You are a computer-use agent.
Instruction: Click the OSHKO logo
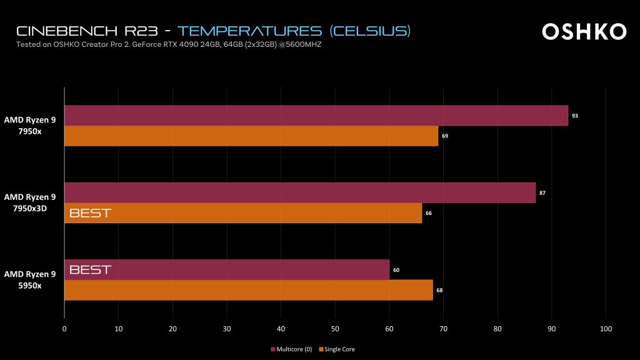(584, 32)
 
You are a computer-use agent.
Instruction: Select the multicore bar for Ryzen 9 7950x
(316, 116)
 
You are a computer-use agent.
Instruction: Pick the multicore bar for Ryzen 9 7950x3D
(300, 193)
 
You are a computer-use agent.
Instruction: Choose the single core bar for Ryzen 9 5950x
(249, 291)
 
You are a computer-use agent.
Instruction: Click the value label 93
(575, 116)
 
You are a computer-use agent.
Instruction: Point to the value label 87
(542, 193)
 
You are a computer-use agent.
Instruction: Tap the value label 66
(429, 213)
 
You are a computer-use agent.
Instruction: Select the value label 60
(396, 270)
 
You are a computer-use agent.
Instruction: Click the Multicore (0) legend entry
(292, 349)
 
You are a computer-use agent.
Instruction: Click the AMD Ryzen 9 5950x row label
(30, 279)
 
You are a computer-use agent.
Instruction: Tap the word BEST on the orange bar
(90, 213)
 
